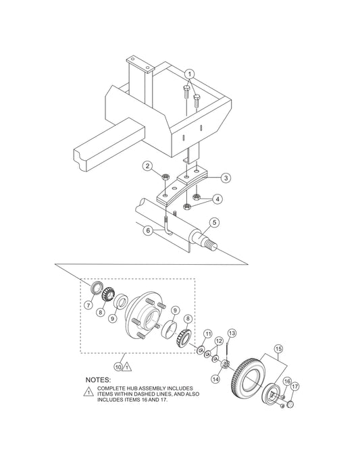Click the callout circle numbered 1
pos(190,74)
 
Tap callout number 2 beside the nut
pos(147,166)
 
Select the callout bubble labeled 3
pos(226,178)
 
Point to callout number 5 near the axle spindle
pos(213,222)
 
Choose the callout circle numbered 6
pos(148,230)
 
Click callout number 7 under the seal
pos(88,305)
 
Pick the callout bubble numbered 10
pos(118,367)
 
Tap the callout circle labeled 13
pos(232,333)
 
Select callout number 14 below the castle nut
pos(216,379)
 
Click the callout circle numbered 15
pos(278,348)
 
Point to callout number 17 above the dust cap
pos(294,386)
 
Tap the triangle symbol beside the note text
pos(88,392)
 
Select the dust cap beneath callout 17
pos(290,404)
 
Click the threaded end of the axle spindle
pos(211,246)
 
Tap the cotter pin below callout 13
pos(228,348)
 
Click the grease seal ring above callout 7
pos(97,287)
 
